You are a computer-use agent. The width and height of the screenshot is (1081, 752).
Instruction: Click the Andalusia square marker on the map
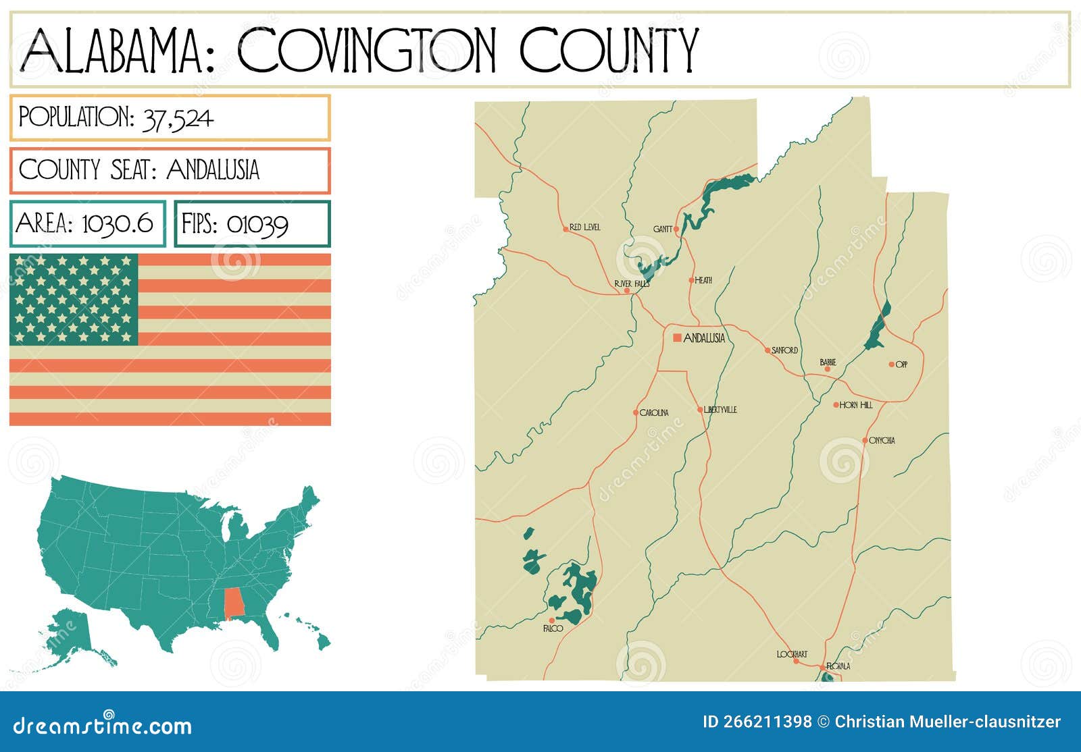pyautogui.click(x=677, y=338)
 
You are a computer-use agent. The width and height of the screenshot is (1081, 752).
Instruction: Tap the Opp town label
pyautogui.click(x=901, y=365)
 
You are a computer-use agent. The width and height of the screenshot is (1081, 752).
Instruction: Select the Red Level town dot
pyautogui.click(x=565, y=230)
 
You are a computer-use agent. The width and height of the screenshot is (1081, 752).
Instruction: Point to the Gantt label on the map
pyautogui.click(x=662, y=229)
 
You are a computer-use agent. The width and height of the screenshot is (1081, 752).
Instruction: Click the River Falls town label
pyautogui.click(x=632, y=284)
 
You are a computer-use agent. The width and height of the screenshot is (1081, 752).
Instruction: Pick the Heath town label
pyautogui.click(x=703, y=280)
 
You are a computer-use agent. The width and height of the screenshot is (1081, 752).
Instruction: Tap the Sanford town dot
pyautogui.click(x=768, y=350)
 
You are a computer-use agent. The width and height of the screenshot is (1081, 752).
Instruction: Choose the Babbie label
pyautogui.click(x=828, y=362)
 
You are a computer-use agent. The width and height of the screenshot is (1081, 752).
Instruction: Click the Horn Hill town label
pyautogui.click(x=856, y=405)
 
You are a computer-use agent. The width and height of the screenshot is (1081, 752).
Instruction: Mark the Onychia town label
pyautogui.click(x=882, y=440)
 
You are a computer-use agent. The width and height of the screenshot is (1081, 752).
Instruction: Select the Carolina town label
pyautogui.click(x=654, y=412)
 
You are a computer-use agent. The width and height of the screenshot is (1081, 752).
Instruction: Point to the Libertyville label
pyautogui.click(x=720, y=410)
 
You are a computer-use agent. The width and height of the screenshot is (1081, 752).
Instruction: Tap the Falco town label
pyautogui.click(x=553, y=628)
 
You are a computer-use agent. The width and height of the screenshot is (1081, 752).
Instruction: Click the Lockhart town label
pyautogui.click(x=792, y=654)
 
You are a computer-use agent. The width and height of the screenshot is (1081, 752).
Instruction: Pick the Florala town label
pyautogui.click(x=838, y=666)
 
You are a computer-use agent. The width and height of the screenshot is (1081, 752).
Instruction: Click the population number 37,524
pyautogui.click(x=178, y=119)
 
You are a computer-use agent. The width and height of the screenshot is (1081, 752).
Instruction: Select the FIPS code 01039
pyautogui.click(x=257, y=225)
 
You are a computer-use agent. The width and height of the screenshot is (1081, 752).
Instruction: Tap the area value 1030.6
pyautogui.click(x=118, y=223)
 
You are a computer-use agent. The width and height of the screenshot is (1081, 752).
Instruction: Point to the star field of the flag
pyautogui.click(x=74, y=299)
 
